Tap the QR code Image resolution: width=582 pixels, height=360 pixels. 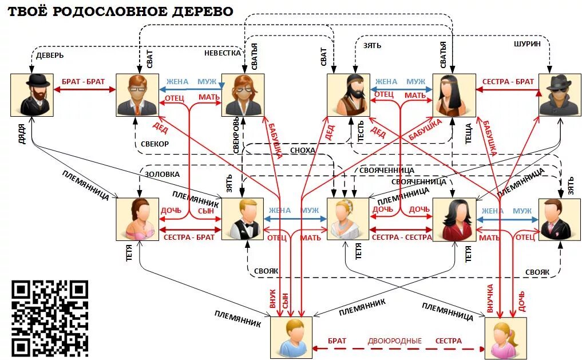50,318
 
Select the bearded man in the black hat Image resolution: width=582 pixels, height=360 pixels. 31,95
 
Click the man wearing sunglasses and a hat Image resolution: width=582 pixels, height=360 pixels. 560,95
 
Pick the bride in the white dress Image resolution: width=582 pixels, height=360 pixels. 348,219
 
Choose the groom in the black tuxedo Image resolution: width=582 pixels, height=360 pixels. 243,219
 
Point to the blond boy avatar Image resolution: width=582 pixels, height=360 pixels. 291,338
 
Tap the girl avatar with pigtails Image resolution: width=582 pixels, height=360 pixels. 505,338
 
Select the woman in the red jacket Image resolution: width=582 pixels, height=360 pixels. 454,219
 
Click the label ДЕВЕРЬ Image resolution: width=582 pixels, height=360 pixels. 50,56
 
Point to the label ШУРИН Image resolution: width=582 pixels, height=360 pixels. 526,44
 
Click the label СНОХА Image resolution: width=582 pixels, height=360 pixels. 302,150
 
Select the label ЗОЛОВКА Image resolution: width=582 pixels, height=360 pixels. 162,174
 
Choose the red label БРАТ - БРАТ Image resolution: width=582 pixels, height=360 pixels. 84,81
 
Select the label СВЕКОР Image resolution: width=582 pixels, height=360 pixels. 155,144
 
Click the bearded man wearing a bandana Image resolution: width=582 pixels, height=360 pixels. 348,95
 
